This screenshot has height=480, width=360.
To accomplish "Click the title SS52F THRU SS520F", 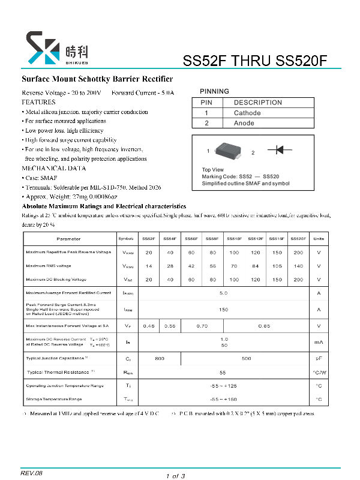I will pyautogui.click(x=255, y=61).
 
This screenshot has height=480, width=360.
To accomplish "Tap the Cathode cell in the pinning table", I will pyautogui.click(x=247, y=113).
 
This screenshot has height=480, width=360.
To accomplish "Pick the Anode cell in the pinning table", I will pyautogui.click(x=244, y=123).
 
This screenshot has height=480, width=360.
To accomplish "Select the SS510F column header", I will pyautogui.click(x=234, y=239).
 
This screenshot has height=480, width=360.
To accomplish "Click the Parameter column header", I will pyautogui.click(x=68, y=239).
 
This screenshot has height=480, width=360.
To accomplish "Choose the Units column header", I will pyautogui.click(x=319, y=239).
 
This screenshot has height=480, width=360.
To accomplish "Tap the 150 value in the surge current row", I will pyautogui.click(x=224, y=310).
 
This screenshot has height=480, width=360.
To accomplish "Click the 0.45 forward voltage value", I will pyautogui.click(x=148, y=326).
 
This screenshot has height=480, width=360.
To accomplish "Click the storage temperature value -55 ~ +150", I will pyautogui.click(x=224, y=399).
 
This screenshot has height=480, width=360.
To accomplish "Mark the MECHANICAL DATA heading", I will pyautogui.click(x=50, y=169).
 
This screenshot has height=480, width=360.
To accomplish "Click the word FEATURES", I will pyautogui.click(x=38, y=103).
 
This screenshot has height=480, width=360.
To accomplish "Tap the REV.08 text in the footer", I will pyautogui.click(x=32, y=473).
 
